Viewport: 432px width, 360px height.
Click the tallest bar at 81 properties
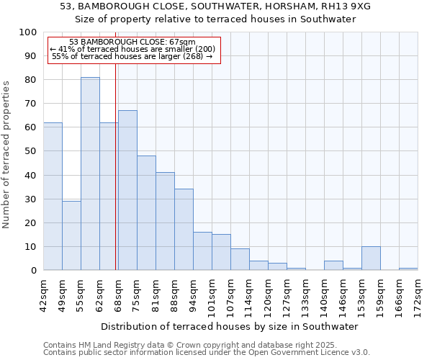tap(90, 174)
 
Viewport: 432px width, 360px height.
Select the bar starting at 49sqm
tap(71, 235)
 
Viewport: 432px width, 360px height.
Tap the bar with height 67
tap(127, 190)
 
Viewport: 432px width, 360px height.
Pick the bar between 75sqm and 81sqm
tap(146, 213)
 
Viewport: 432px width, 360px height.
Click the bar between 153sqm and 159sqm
tap(371, 258)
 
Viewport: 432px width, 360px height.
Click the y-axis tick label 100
tap(27, 32)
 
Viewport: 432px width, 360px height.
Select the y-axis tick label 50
tap(30, 151)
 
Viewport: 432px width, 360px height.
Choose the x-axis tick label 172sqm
tap(418, 294)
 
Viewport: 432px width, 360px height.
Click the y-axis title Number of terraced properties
tap(7, 154)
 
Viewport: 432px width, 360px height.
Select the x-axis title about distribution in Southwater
tap(230, 326)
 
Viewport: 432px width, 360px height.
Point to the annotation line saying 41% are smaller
tap(132, 49)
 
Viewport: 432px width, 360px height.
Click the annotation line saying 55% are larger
tap(132, 56)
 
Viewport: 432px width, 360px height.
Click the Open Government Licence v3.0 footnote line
tap(207, 353)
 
